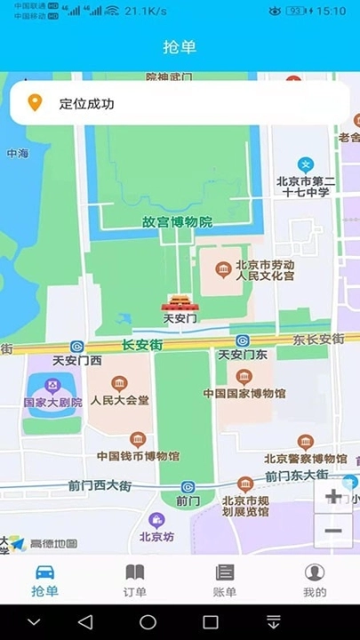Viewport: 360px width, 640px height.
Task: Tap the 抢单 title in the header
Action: coord(180,47)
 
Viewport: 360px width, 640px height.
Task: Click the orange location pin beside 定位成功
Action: coord(35,103)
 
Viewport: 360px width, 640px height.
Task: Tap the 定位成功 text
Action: coord(87,104)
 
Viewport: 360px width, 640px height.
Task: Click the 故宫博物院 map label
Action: coord(178,222)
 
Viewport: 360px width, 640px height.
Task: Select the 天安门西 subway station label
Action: coord(77,360)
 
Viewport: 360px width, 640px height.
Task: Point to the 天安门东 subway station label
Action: coord(243,355)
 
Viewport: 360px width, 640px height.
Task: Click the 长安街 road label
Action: coord(142,344)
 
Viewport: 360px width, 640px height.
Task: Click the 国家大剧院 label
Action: coord(52,402)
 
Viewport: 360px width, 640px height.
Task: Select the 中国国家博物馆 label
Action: coord(244,393)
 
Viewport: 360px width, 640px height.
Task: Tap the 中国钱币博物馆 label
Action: coord(138,456)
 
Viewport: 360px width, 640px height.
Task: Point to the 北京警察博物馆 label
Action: coord(305,459)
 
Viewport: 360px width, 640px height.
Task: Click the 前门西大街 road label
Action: coord(100,485)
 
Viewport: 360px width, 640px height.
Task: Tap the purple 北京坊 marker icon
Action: coord(157,520)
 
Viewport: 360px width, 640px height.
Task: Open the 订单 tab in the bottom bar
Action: coord(135,580)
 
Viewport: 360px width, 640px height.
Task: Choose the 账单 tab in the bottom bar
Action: coord(225,580)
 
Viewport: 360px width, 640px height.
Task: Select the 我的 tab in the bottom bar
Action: coord(315,580)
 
